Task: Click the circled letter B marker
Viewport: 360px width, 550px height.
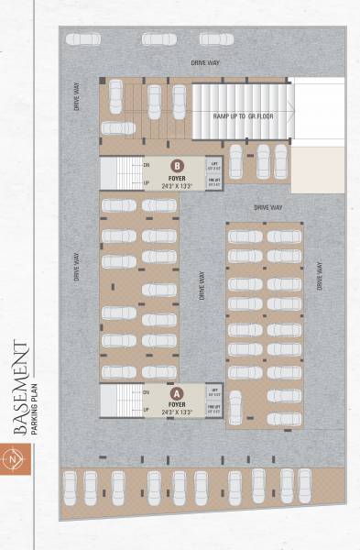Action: click(176, 166)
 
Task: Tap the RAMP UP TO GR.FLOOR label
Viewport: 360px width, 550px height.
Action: click(243, 116)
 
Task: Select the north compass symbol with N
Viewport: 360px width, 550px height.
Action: click(14, 457)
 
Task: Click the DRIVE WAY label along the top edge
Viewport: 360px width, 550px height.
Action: click(204, 61)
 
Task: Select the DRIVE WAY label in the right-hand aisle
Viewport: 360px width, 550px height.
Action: click(320, 276)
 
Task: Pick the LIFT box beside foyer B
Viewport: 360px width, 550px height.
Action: click(213, 166)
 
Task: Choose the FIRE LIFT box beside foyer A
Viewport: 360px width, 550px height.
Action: click(213, 409)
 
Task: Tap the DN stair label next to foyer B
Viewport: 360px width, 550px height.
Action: click(147, 165)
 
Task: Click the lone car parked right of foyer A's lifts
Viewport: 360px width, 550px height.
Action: click(236, 406)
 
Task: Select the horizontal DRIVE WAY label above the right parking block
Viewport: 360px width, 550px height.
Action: click(268, 208)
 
